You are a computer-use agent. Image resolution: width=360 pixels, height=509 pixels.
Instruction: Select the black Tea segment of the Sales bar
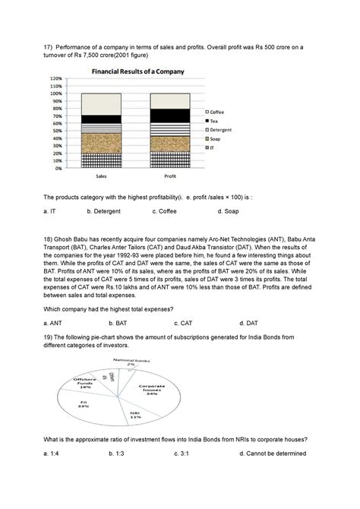(x=100, y=119)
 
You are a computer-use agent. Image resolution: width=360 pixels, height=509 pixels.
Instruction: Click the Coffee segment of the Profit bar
(x=169, y=101)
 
